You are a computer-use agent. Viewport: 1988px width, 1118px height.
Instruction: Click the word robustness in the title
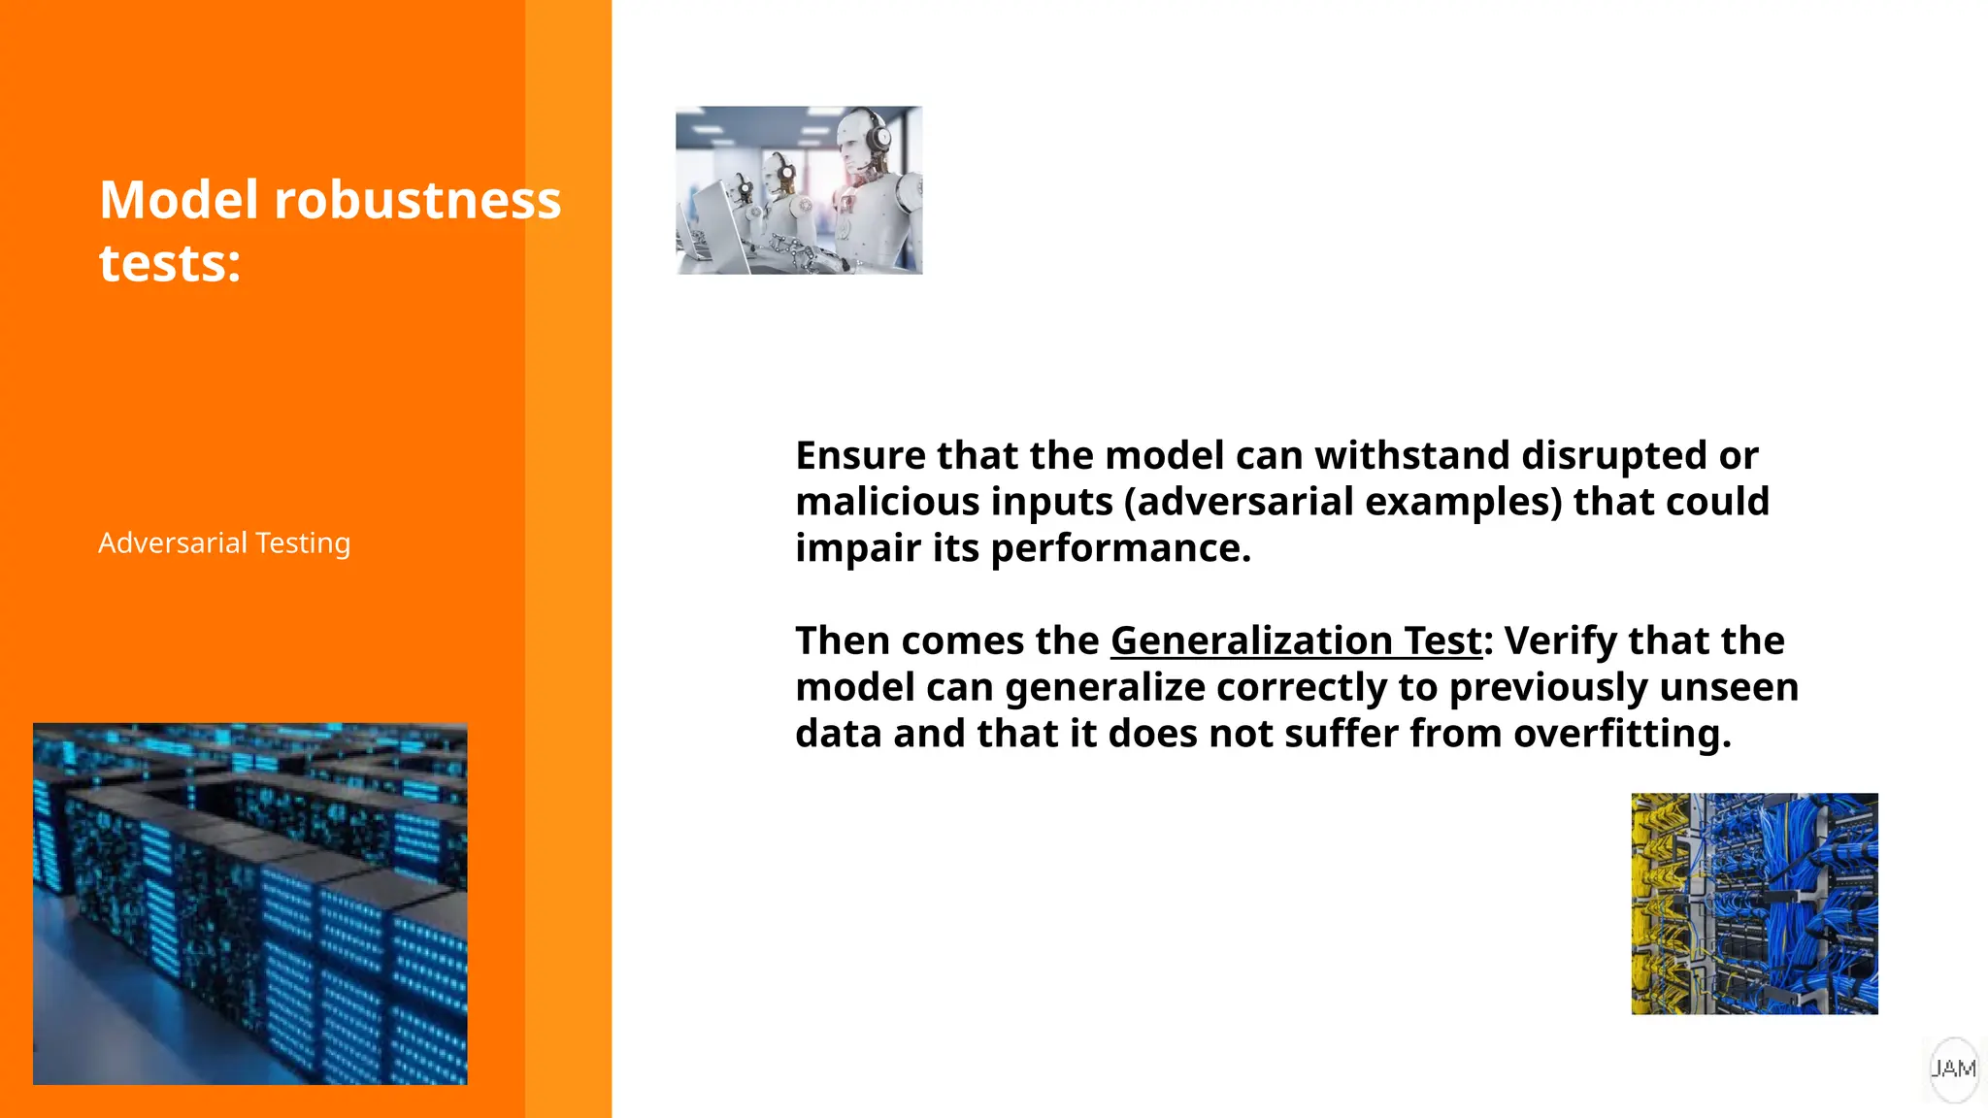pos(417,200)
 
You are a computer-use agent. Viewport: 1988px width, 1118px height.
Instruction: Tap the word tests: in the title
pos(170,263)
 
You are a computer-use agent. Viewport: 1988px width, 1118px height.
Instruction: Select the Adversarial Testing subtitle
pos(224,543)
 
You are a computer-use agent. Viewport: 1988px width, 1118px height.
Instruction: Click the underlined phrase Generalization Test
pos(1296,641)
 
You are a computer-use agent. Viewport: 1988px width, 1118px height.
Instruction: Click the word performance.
pos(1120,548)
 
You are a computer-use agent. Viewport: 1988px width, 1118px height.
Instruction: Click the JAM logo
pos(1953,1069)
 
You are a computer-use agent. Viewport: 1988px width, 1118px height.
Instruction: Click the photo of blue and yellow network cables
pos(1754,904)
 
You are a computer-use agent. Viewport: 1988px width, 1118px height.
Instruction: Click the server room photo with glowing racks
pos(250,904)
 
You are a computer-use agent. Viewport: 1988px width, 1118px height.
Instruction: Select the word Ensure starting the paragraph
pos(860,455)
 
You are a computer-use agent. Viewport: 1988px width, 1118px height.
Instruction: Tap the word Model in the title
pos(179,200)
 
